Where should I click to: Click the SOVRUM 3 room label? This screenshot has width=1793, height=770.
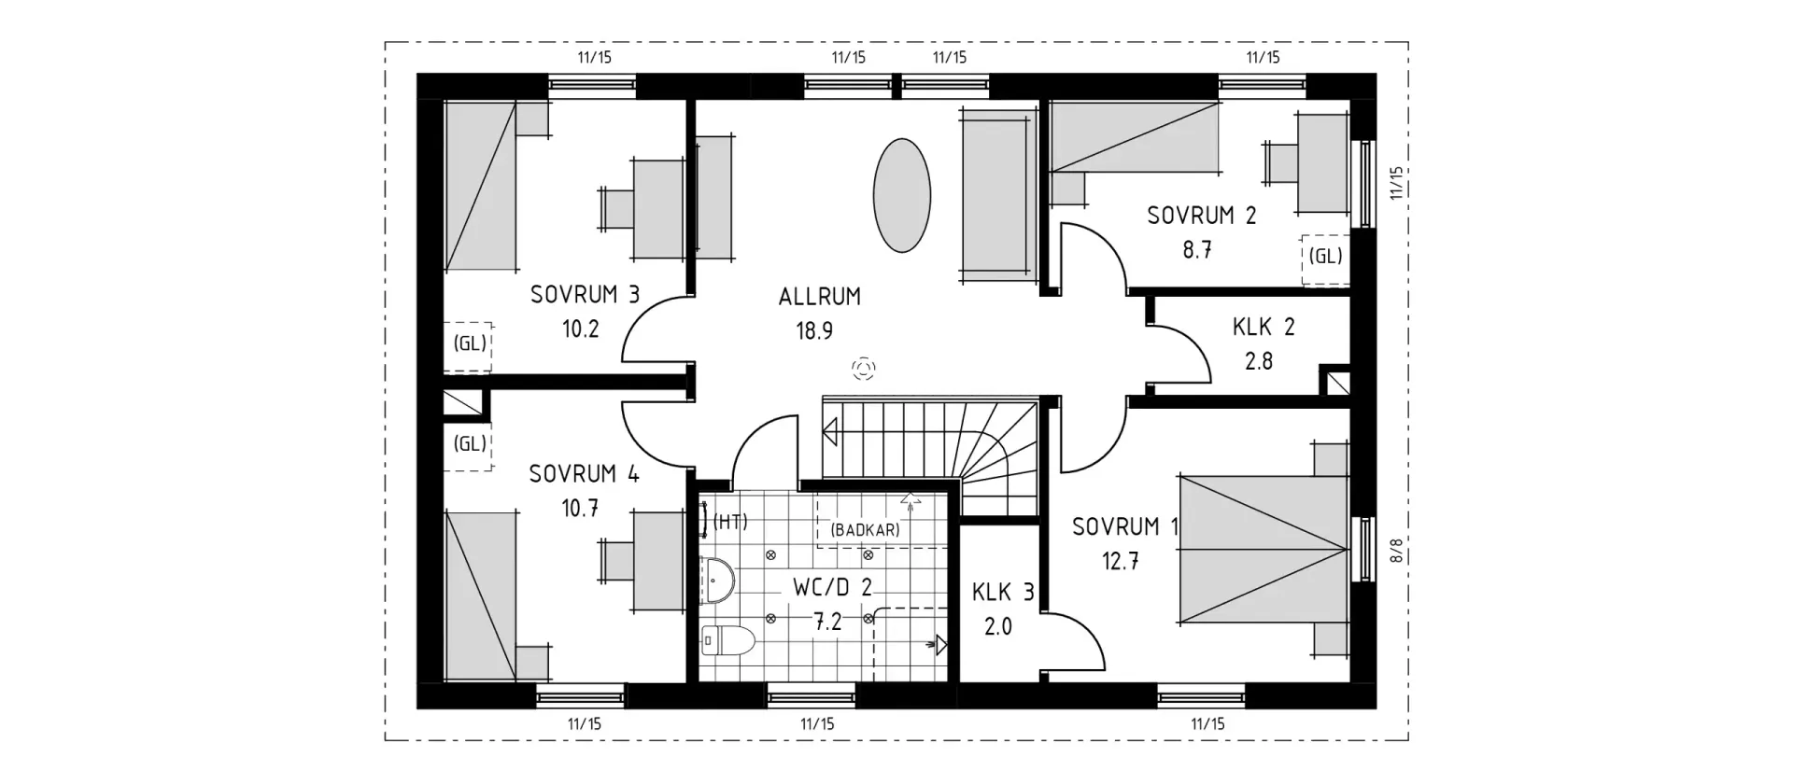tap(585, 295)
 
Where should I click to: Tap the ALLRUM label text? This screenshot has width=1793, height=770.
tap(820, 297)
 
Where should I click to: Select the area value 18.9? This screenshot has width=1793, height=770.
tap(814, 330)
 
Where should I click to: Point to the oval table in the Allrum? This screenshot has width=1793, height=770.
tap(901, 195)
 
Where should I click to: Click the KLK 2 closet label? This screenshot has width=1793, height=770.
tap(1264, 327)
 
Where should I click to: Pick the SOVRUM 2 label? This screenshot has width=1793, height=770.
tap(1201, 216)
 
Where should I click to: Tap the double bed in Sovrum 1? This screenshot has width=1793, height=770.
tap(1264, 550)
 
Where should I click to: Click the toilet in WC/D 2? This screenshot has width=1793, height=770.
tap(727, 639)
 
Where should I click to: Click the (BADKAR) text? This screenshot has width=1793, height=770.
tap(865, 530)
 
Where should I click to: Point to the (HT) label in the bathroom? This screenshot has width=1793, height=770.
tap(730, 522)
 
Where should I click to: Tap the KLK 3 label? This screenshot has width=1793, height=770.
tap(1003, 592)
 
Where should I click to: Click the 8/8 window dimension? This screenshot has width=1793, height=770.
tap(1397, 551)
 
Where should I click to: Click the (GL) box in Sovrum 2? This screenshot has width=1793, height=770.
tap(1326, 256)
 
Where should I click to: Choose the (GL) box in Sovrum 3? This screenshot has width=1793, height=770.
tap(470, 343)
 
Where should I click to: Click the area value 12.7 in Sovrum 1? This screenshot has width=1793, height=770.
tap(1121, 562)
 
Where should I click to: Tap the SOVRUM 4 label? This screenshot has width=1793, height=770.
tap(584, 474)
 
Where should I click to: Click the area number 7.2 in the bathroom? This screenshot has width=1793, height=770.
tap(827, 622)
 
